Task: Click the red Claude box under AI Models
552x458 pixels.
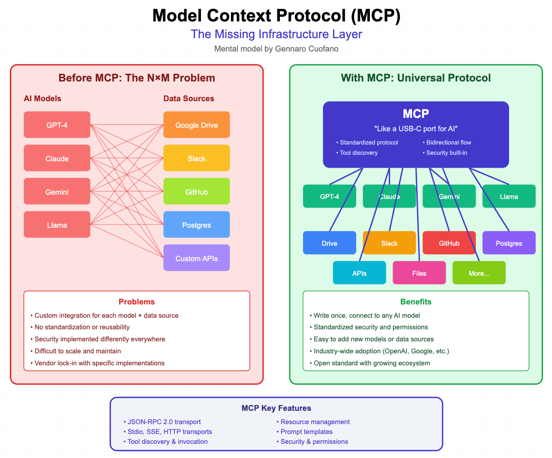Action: tap(57, 158)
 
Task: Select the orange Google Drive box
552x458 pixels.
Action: tap(196, 125)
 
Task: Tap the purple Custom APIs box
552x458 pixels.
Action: tap(196, 258)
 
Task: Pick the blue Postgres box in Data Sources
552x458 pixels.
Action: tap(196, 225)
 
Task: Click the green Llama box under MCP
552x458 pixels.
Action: tap(509, 196)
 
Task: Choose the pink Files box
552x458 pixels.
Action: tap(419, 273)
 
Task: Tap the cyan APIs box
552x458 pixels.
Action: tap(359, 273)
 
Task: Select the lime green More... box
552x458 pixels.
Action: tap(479, 273)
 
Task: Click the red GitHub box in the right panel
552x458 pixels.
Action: tap(449, 243)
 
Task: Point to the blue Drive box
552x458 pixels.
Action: tap(329, 243)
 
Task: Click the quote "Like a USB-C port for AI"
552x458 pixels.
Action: tap(416, 129)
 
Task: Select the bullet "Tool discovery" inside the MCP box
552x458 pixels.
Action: tap(358, 153)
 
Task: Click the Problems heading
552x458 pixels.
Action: tap(136, 301)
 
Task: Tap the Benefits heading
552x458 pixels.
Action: tap(416, 301)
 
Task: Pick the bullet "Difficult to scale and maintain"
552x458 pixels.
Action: tap(78, 351)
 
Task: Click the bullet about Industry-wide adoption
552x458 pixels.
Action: tap(381, 351)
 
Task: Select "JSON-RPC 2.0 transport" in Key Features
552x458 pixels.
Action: tap(164, 422)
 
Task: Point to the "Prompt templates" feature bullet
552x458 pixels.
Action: tap(306, 432)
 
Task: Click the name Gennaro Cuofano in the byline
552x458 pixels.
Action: tap(306, 49)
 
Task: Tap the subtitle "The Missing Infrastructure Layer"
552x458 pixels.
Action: tap(276, 34)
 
